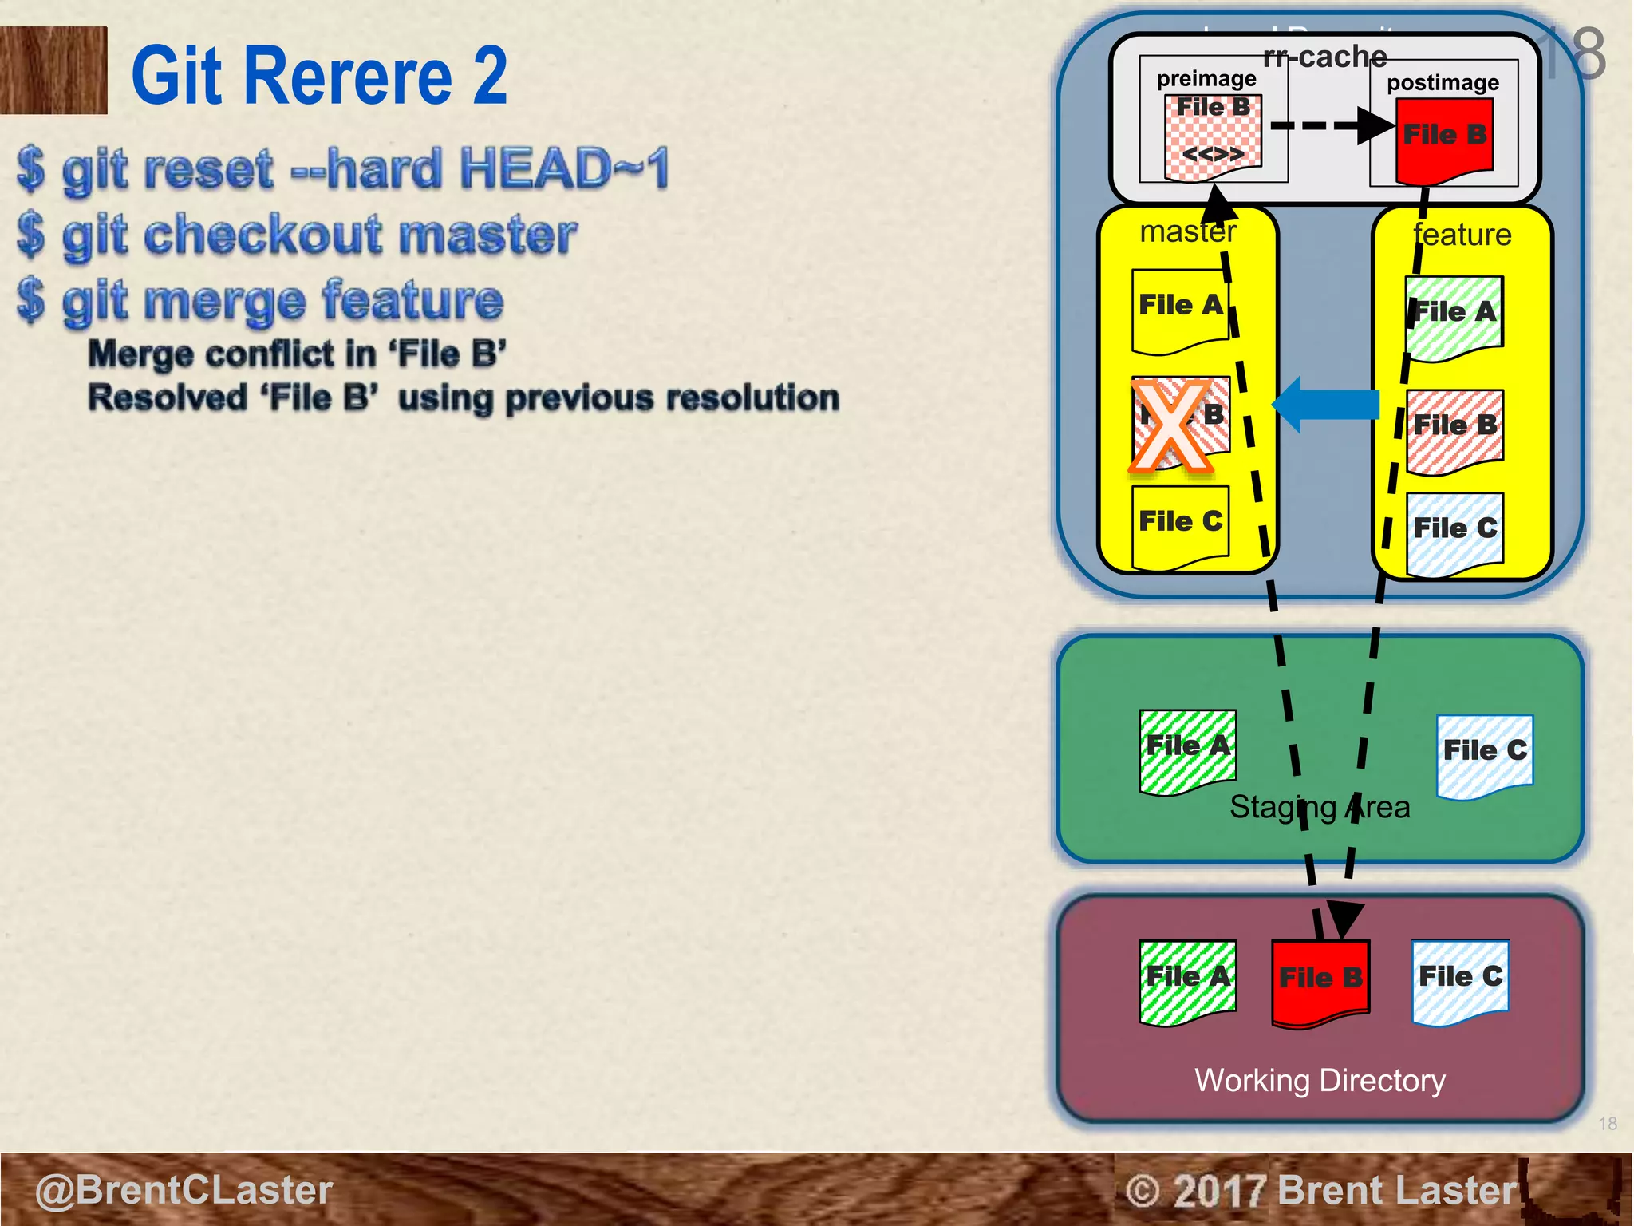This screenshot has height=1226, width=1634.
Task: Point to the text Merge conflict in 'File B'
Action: click(x=297, y=354)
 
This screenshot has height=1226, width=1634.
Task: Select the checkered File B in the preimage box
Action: click(x=1213, y=136)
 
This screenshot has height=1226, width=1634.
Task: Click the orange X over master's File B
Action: click(x=1170, y=425)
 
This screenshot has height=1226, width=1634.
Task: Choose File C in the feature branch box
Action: click(x=1454, y=531)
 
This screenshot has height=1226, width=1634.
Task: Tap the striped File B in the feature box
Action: click(x=1454, y=429)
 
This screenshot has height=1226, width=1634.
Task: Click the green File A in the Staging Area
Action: click(x=1187, y=749)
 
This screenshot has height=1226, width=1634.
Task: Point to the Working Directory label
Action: click(x=1320, y=1081)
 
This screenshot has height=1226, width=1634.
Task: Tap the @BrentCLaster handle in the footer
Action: click(x=184, y=1190)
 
